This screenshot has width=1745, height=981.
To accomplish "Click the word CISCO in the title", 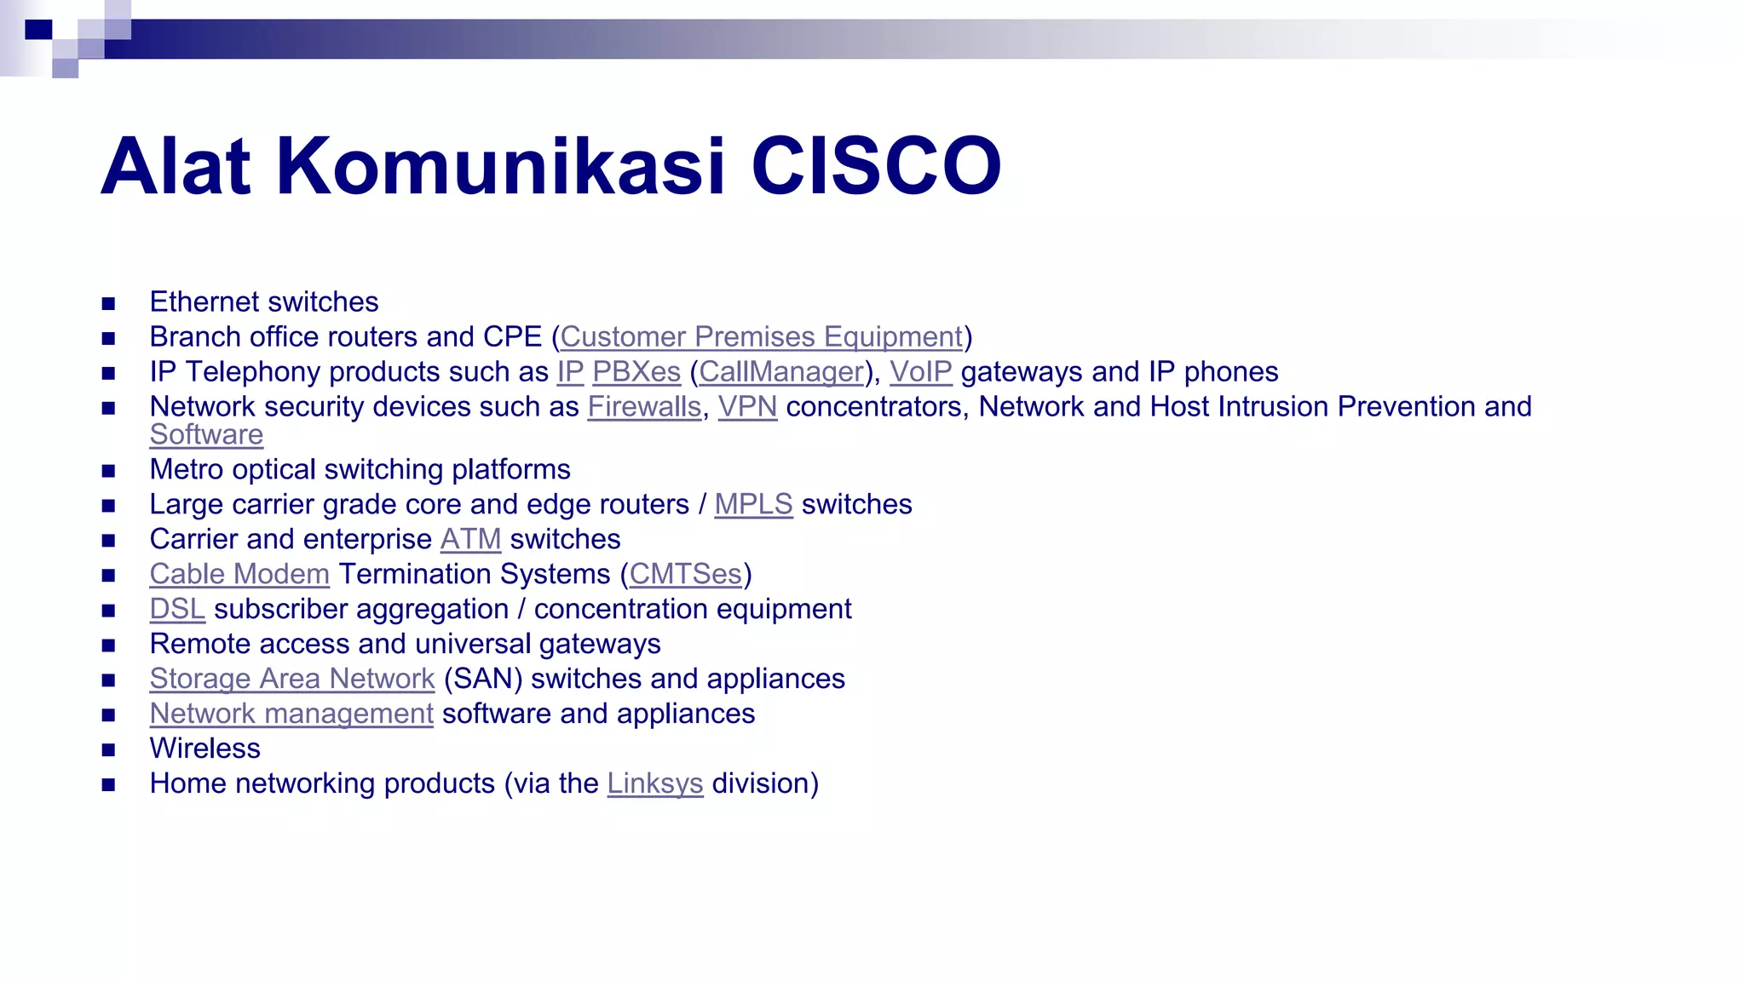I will pos(875,166).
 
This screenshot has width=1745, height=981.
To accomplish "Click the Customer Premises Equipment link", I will pos(761,337).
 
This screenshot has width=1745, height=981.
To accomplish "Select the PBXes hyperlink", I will pos(636,372).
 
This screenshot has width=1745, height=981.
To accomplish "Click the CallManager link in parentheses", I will pos(781,372).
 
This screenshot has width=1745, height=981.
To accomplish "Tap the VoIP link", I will pos(920,372).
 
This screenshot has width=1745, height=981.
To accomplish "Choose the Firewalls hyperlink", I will pos(644,407).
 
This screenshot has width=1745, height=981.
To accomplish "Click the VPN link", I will pos(747,407).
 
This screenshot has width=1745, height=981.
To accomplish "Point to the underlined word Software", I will pos(206,435).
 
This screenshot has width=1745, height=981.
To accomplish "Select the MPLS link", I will pos(753,505).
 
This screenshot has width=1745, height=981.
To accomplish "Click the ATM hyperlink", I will pos(470,540).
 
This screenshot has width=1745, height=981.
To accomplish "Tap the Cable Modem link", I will pos(239,575).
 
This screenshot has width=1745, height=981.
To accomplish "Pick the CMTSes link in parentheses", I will pos(686,575).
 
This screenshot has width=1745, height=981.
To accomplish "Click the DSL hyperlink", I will pos(177,610).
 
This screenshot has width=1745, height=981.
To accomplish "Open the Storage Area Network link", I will pos(292,680).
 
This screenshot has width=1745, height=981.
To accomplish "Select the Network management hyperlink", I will pos(291,714).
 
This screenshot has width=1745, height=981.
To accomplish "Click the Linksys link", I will pos(654,784).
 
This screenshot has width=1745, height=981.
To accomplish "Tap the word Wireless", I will pos(204,749).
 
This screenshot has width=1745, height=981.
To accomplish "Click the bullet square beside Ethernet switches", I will pos(108,303).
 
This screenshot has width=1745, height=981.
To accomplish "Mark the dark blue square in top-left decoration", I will pos(38,30).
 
